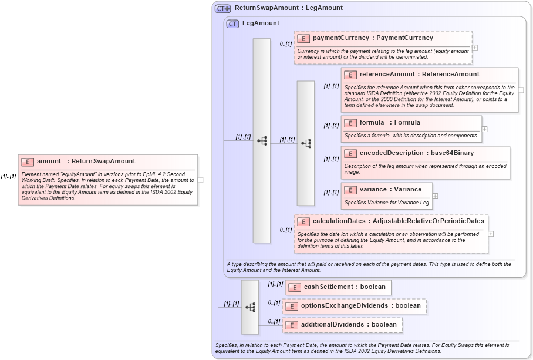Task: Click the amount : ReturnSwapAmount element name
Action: click(86, 162)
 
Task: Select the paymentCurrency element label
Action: click(373, 38)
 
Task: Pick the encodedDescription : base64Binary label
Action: click(416, 153)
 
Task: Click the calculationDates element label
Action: click(398, 221)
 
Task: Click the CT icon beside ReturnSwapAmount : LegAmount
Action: click(222, 9)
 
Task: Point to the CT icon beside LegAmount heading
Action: click(232, 24)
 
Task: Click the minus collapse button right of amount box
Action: click(201, 180)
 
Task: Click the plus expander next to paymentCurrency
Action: click(475, 48)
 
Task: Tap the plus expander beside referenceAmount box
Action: click(521, 90)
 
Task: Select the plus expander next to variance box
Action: click(435, 196)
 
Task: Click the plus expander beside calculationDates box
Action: click(491, 234)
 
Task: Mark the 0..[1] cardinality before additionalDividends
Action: click(274, 321)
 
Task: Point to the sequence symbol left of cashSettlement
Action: click(250, 307)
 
